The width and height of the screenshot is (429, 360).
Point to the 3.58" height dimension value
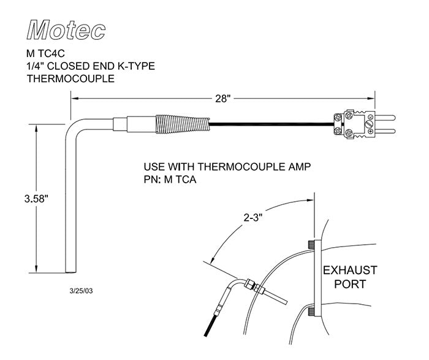pyautogui.click(x=36, y=199)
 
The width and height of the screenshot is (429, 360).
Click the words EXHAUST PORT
pyautogui.click(x=350, y=277)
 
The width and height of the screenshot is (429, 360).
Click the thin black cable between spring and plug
pyautogui.click(x=270, y=126)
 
